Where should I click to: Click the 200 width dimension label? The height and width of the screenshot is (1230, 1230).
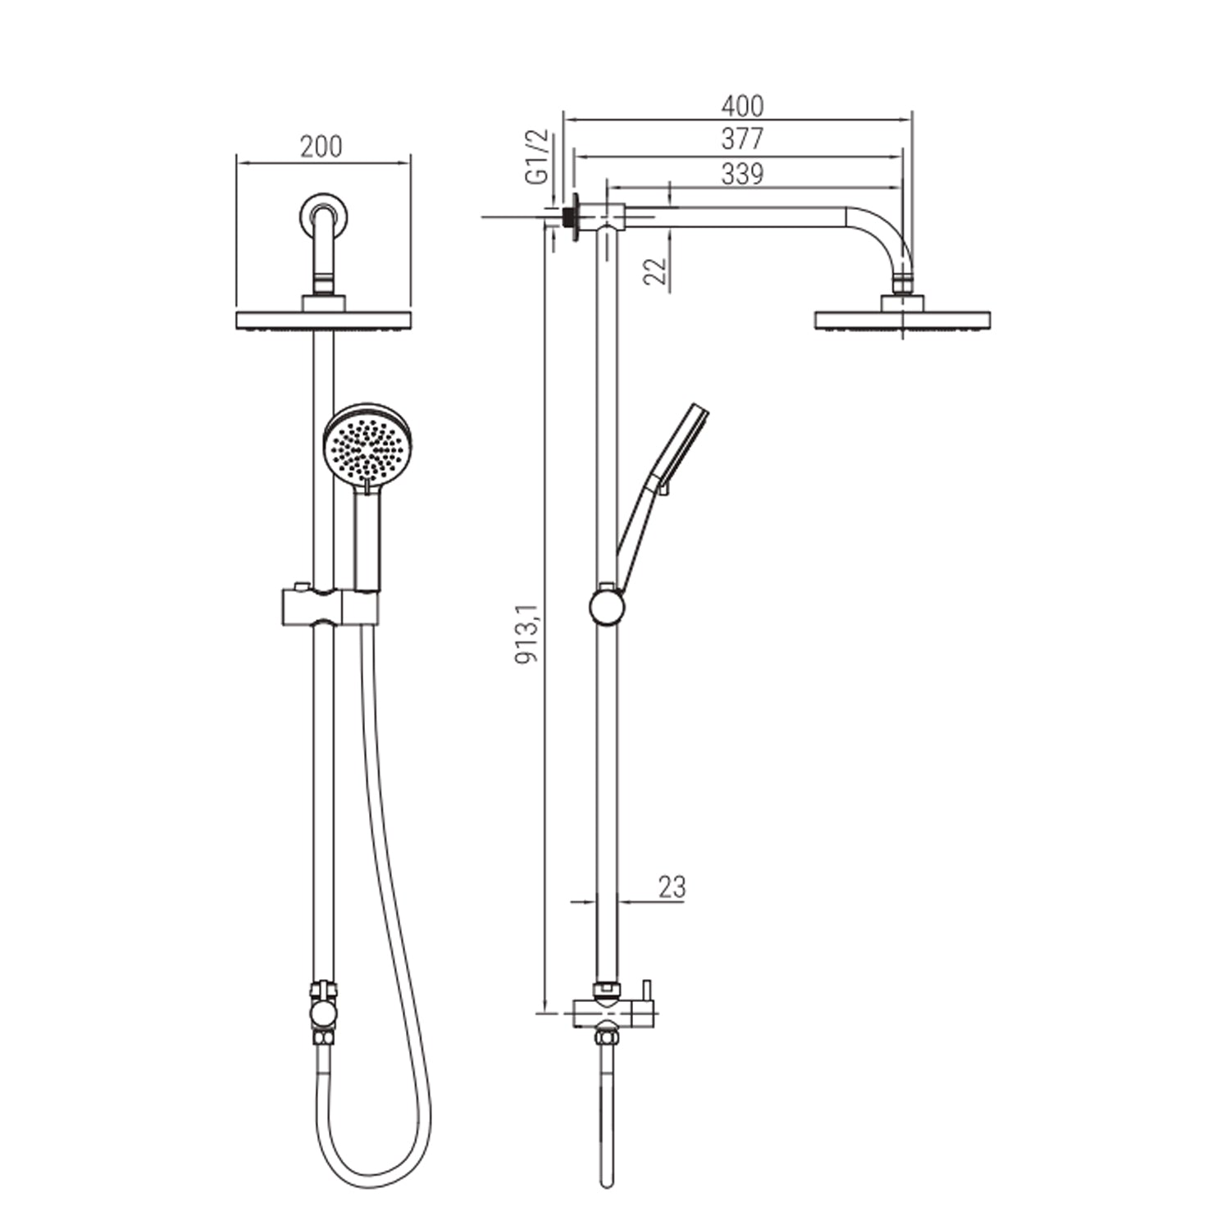(x=321, y=147)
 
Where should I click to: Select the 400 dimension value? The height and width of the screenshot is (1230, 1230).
(x=742, y=106)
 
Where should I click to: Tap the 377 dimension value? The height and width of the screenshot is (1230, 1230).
(x=742, y=139)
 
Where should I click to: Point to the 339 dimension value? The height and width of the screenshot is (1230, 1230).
(x=742, y=174)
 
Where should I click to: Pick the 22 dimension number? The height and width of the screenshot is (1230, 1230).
(x=654, y=270)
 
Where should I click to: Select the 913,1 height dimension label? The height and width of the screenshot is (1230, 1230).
(x=526, y=633)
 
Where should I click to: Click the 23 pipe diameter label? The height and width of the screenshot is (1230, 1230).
(x=672, y=887)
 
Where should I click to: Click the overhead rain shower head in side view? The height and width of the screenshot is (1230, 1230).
(x=902, y=320)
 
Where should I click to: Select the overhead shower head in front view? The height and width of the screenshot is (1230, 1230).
(x=323, y=320)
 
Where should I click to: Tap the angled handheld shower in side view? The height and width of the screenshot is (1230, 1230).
(x=663, y=484)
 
